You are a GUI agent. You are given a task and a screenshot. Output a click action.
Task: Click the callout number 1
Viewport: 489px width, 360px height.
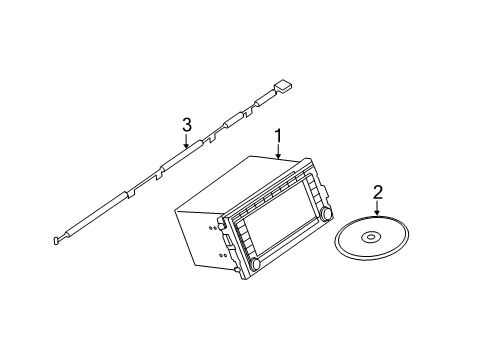tap(278, 137)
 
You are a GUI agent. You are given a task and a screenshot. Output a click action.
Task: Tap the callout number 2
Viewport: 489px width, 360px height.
tap(378, 193)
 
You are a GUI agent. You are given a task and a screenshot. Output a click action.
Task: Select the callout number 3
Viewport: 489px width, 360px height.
tap(187, 125)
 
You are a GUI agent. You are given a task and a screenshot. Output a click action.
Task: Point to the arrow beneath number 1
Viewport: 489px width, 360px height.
tap(278, 152)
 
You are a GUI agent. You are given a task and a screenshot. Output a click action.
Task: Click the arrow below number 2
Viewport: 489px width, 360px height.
tap(377, 208)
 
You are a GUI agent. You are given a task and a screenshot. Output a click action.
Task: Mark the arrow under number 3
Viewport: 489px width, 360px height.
tap(187, 140)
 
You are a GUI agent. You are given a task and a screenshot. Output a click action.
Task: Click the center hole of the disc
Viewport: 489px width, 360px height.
tap(371, 237)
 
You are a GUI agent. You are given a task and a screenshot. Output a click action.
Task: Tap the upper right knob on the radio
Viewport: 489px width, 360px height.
tap(326, 213)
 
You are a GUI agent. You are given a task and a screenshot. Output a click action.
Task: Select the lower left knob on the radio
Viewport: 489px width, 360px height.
tap(255, 263)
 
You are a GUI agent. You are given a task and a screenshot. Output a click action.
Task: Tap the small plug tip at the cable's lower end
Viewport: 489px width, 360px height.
tap(56, 240)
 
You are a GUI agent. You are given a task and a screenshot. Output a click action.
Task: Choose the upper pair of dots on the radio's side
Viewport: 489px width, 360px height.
tap(212, 228)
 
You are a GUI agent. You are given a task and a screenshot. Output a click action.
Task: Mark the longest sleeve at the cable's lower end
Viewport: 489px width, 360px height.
tap(98, 212)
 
